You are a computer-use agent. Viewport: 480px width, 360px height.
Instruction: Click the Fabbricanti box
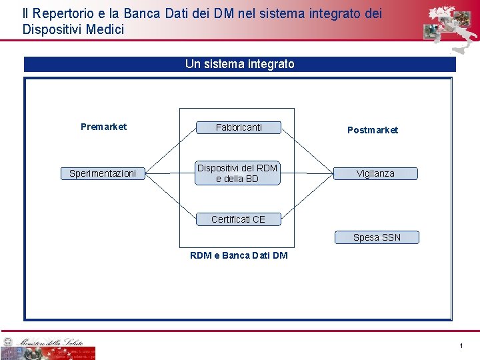tap(239, 127)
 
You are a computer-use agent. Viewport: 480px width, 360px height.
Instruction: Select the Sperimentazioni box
tap(103, 173)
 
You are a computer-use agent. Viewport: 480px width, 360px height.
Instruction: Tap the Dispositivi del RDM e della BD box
tap(238, 173)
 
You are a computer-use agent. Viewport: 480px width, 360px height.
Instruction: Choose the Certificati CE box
tap(238, 219)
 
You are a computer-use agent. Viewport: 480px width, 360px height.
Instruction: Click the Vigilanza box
tap(375, 173)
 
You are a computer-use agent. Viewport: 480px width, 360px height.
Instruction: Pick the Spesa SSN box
tap(377, 237)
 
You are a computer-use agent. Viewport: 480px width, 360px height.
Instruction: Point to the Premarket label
tap(103, 127)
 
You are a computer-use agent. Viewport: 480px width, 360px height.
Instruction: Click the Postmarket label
tap(373, 130)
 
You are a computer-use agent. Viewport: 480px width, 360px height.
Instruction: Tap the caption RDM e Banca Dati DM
tap(239, 255)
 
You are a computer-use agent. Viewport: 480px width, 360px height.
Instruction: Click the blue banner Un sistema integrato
tap(239, 64)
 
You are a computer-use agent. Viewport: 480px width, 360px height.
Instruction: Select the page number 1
tap(461, 345)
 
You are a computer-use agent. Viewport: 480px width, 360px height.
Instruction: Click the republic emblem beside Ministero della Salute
tap(7, 342)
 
